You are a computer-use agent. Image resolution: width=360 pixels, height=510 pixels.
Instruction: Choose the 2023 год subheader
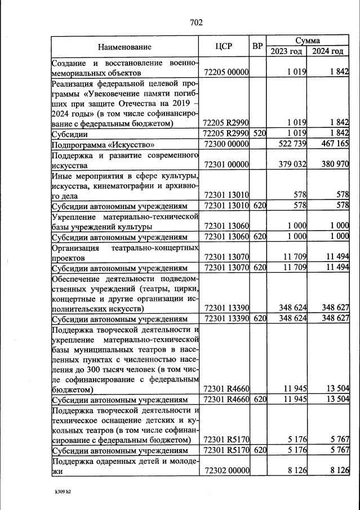pos(287,52)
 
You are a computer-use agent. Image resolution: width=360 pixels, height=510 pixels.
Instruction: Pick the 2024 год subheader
pos(328,52)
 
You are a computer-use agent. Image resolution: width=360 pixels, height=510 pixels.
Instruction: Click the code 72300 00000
pos(225,145)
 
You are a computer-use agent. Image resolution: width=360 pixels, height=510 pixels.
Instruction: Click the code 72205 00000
pos(225,72)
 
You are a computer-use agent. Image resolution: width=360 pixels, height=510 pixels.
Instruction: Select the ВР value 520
pos(259,134)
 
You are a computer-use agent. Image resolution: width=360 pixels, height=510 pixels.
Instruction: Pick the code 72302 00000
pos(225,469)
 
